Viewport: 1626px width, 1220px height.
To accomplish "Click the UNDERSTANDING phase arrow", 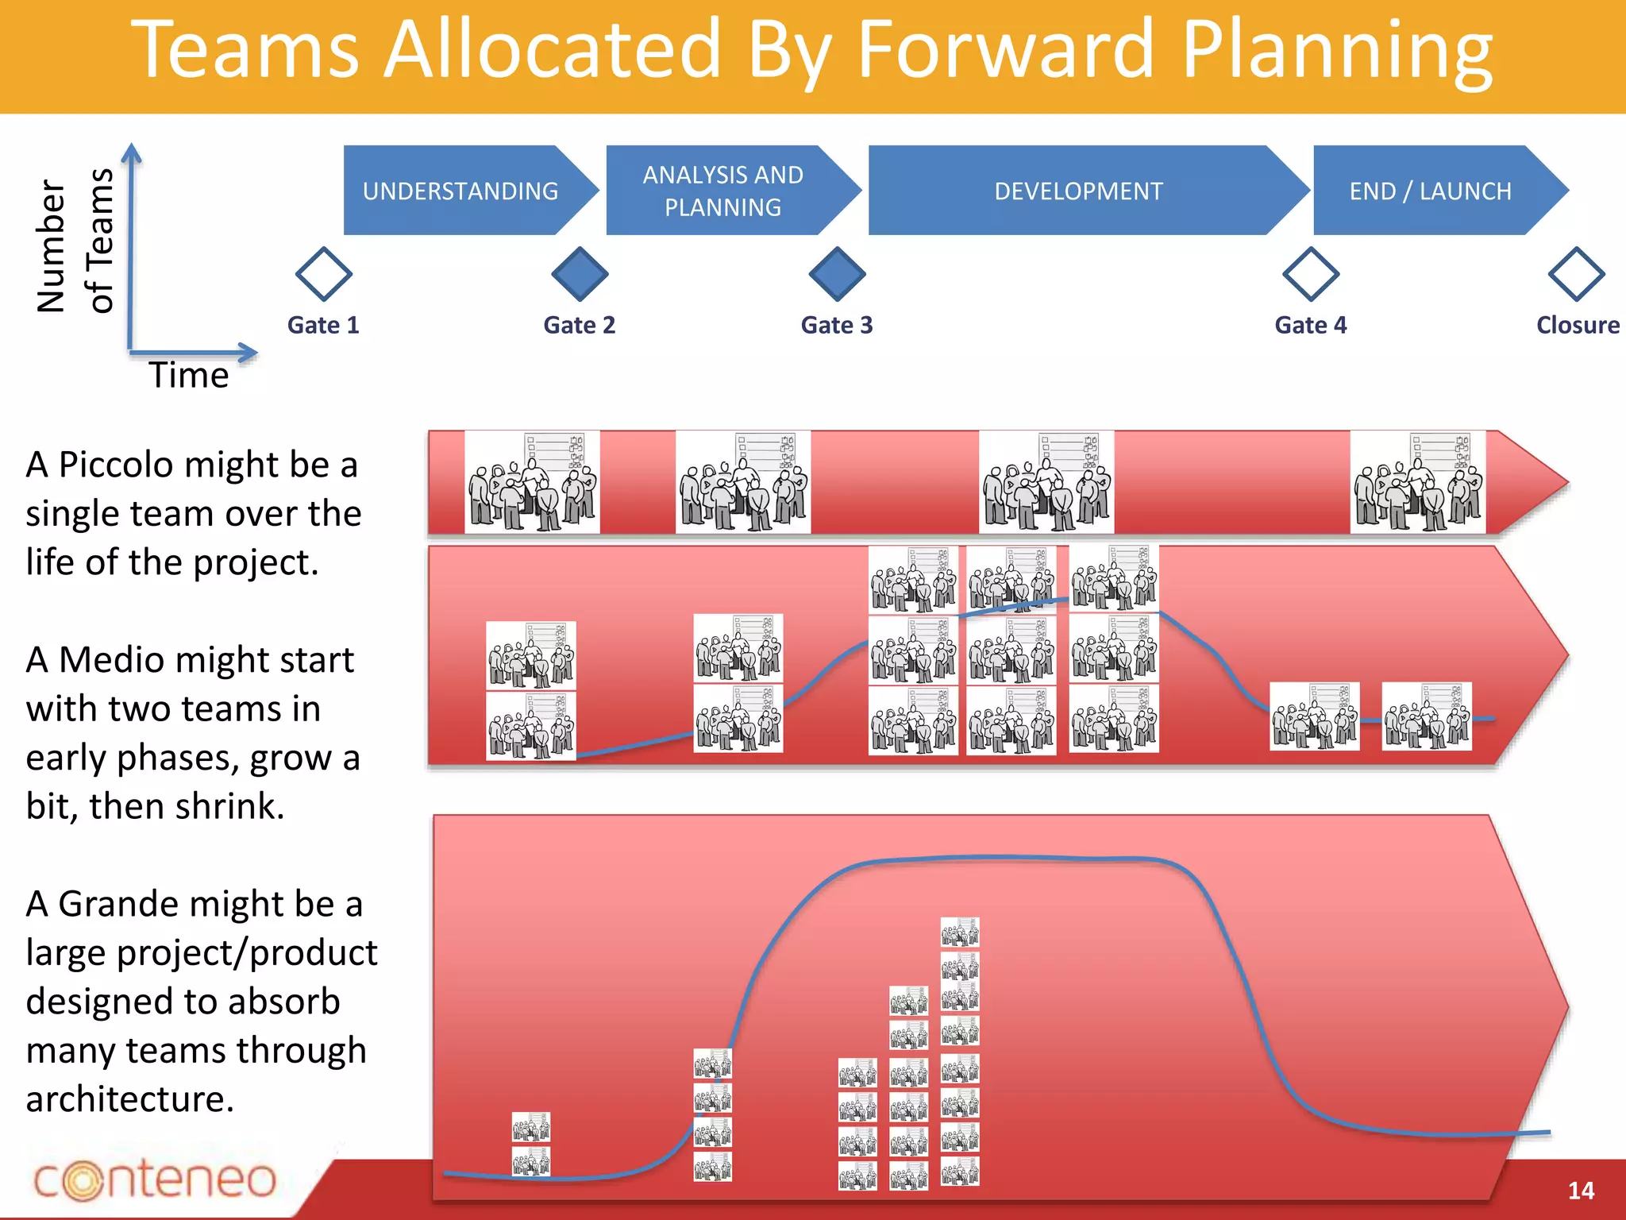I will tap(460, 191).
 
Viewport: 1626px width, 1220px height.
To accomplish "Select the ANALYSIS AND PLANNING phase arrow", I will tap(722, 191).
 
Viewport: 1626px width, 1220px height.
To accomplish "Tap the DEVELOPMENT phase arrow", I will tap(1078, 191).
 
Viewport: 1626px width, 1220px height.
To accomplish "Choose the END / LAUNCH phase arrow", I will tap(1430, 191).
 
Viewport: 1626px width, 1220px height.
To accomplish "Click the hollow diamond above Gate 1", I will tap(323, 274).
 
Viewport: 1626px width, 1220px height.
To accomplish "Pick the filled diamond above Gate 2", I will tap(580, 274).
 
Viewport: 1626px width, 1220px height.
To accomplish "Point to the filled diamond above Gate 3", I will tap(837, 274).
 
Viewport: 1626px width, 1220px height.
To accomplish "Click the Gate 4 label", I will tap(1310, 325).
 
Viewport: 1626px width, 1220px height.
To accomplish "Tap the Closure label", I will tap(1577, 325).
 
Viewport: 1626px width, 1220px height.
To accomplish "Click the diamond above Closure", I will tap(1576, 274).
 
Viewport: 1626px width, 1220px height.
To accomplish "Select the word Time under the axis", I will tap(189, 375).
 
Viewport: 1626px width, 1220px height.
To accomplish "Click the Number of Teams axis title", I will tap(75, 242).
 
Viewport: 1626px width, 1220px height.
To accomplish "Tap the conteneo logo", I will tap(155, 1179).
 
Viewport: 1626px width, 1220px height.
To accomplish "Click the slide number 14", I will tap(1580, 1190).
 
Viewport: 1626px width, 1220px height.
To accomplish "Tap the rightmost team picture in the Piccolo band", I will tap(1417, 482).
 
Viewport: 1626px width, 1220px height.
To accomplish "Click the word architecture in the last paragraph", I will tap(129, 1099).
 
